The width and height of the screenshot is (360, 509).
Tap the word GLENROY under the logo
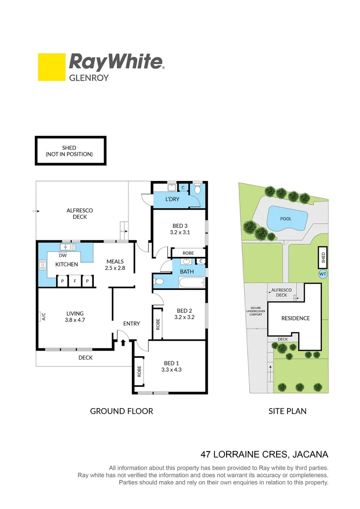click(x=89, y=77)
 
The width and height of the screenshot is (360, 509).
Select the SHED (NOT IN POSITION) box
click(x=70, y=151)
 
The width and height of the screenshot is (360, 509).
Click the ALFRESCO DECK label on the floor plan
click(x=80, y=213)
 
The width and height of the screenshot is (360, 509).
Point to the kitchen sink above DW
click(x=65, y=247)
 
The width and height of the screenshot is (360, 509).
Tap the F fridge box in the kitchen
click(x=74, y=281)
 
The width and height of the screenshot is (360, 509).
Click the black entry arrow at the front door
click(x=123, y=342)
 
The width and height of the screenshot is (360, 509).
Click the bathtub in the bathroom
click(x=192, y=283)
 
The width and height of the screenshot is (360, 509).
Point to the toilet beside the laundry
click(x=198, y=189)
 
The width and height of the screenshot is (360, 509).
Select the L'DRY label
click(x=172, y=199)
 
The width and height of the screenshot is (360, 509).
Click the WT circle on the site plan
click(x=323, y=273)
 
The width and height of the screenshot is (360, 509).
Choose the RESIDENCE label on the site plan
click(x=295, y=318)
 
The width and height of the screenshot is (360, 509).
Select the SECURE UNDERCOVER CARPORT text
click(x=256, y=311)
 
